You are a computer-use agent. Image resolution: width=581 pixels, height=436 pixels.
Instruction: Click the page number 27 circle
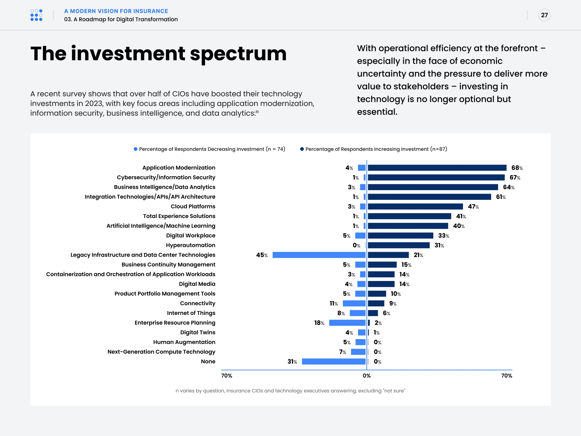544,15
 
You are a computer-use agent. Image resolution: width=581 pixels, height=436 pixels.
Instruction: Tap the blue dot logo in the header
36,15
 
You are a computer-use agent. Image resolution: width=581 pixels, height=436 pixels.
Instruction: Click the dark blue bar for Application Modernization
437,168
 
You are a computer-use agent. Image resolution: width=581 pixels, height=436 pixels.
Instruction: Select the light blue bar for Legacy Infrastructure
319,255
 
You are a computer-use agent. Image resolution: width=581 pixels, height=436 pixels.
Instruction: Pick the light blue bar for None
334,361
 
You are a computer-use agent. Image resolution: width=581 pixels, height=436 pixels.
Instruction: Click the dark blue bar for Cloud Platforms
415,206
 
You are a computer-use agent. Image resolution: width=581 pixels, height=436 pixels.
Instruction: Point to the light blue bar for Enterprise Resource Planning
347,323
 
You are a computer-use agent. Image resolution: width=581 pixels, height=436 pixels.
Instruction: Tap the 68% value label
517,168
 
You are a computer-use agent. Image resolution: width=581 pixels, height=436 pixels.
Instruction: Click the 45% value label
262,255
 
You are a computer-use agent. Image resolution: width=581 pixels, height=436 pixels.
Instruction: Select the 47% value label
473,207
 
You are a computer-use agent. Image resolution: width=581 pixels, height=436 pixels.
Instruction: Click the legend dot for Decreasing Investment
136,149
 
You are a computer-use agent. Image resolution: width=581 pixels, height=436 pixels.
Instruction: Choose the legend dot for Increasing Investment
302,149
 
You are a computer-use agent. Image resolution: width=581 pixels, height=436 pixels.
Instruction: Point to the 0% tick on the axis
367,376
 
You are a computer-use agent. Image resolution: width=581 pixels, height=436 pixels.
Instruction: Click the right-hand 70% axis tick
506,376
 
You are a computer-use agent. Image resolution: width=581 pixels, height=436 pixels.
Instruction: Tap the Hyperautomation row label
190,245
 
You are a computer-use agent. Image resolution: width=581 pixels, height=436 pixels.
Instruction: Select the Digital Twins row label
198,332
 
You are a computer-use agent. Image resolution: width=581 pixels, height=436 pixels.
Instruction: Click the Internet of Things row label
191,313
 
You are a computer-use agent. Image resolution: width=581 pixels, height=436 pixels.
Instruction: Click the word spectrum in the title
238,54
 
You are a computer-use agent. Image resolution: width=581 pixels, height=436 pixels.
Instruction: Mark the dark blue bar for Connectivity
376,303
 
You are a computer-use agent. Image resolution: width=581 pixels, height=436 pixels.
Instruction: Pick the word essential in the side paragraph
377,112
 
